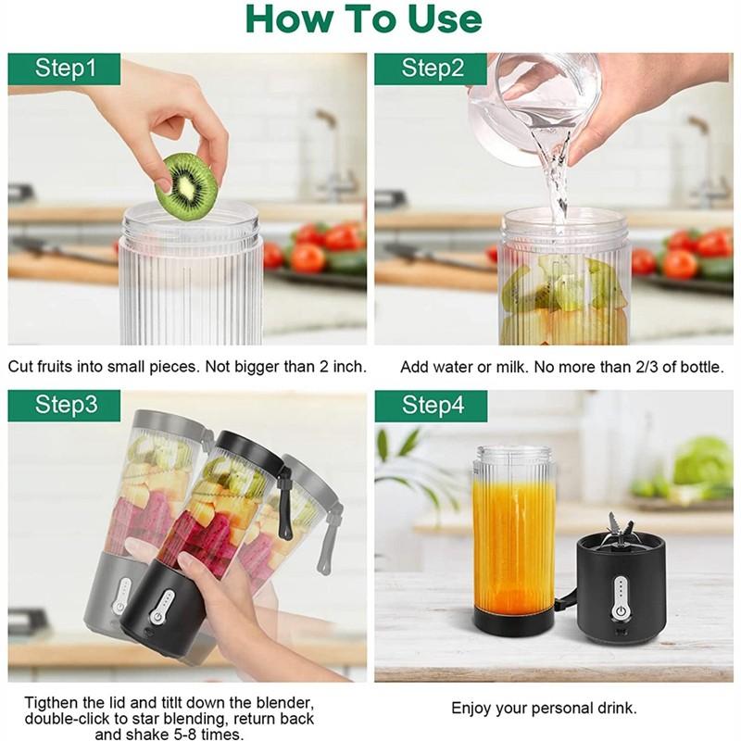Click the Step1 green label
click(64, 69)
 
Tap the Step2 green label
click(431, 69)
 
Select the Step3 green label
click(64, 406)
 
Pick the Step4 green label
click(431, 406)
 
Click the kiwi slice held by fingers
click(187, 187)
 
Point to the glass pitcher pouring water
click(534, 108)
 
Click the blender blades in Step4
click(620, 528)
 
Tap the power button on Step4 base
click(619, 612)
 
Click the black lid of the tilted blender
click(250, 449)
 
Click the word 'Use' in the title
click(445, 19)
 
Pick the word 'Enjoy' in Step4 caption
click(471, 709)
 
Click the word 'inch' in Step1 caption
click(349, 366)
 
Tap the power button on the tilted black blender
click(157, 616)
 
